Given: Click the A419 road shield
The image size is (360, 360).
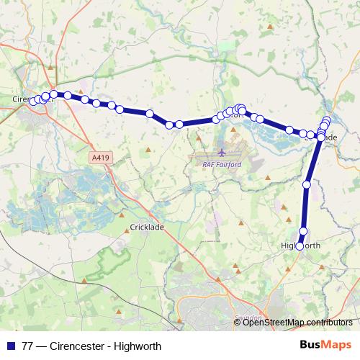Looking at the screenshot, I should (x=100, y=156).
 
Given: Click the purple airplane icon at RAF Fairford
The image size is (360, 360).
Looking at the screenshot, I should (x=221, y=153).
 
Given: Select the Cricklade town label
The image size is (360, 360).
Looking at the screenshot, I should (x=148, y=227).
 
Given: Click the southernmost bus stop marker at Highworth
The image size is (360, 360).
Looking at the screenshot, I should (x=300, y=246).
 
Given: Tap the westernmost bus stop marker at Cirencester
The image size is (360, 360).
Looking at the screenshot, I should (x=32, y=101).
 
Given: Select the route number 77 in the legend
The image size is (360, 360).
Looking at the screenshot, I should (x=28, y=346).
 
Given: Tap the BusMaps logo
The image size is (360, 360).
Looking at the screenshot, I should (x=326, y=345).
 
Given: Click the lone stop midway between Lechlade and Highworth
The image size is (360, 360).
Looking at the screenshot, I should (x=307, y=185).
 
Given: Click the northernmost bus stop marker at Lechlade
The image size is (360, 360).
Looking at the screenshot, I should (x=327, y=120).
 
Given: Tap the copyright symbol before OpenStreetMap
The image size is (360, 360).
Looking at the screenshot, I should (x=238, y=322).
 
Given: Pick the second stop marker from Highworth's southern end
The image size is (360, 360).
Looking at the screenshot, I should (x=303, y=231).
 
